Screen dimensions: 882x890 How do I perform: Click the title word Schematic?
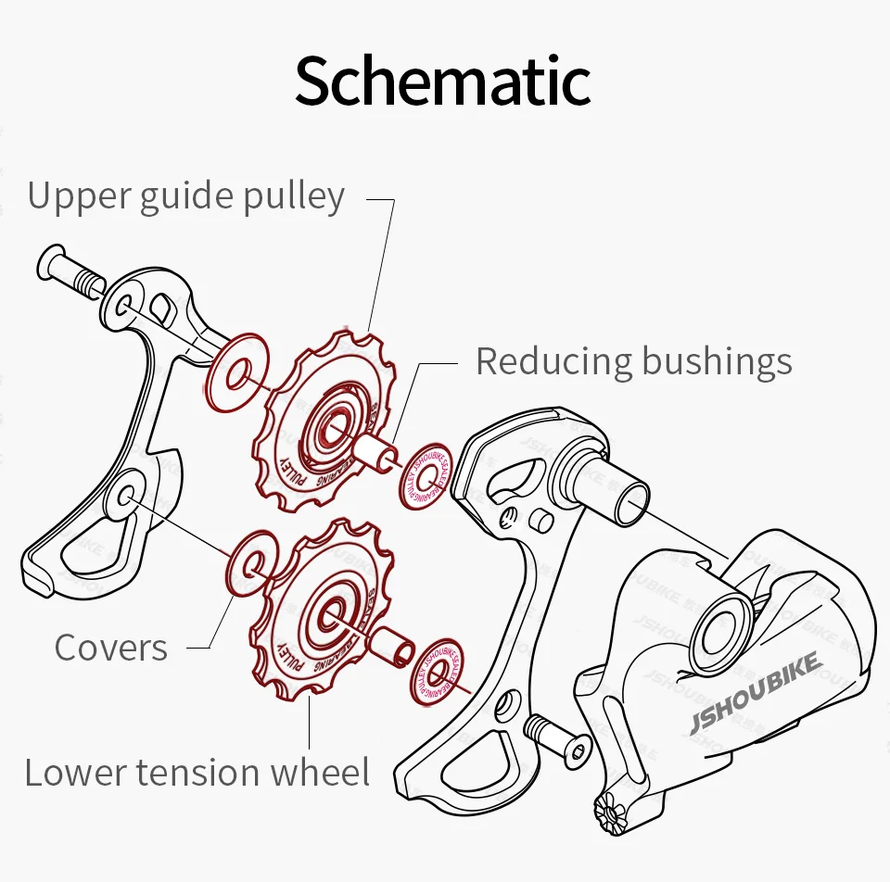coord(442,82)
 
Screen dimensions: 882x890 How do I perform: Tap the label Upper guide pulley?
coord(185,196)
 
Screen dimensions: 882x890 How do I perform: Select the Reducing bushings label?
coord(633,361)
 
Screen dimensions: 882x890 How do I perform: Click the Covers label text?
coord(111,648)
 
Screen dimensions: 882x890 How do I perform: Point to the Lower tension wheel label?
coord(197,772)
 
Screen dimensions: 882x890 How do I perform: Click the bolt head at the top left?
coord(51,262)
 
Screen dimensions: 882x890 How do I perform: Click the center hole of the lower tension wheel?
coord(334,612)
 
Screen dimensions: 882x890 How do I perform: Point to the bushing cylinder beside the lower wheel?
coord(392,642)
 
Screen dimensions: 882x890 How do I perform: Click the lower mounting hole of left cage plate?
coord(127,493)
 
